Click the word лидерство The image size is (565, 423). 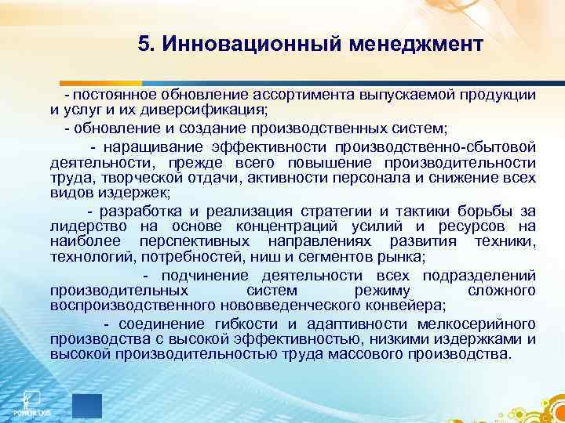click(86, 226)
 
